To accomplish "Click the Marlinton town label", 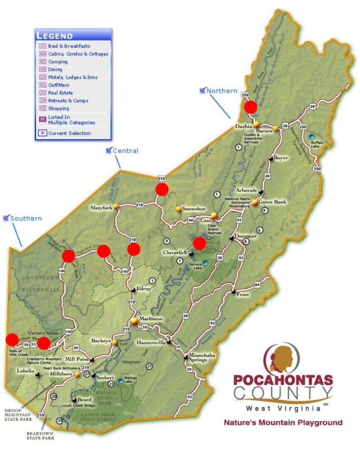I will pos(151,319).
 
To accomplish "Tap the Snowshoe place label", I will pos(193,209).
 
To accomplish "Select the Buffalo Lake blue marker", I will pos(311,136).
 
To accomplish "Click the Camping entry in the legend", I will pos(58,62).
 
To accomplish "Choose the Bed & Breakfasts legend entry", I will pos(69,46).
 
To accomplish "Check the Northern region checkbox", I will pos(202,90).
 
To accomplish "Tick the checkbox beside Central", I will pos(108,151).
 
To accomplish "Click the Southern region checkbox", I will pos(6,218).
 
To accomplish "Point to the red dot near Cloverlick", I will pos(199,243).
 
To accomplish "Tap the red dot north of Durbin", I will pos(251,107).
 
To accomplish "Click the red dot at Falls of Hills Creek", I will pos(12,339).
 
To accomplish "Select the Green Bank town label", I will pos(272,201).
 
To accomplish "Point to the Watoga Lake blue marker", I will pos(120,381).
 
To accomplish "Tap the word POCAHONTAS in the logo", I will pos(283,381).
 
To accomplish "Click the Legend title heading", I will pos(55,36).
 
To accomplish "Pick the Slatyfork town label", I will pos(101,208).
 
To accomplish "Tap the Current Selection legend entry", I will pos(69,133).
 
